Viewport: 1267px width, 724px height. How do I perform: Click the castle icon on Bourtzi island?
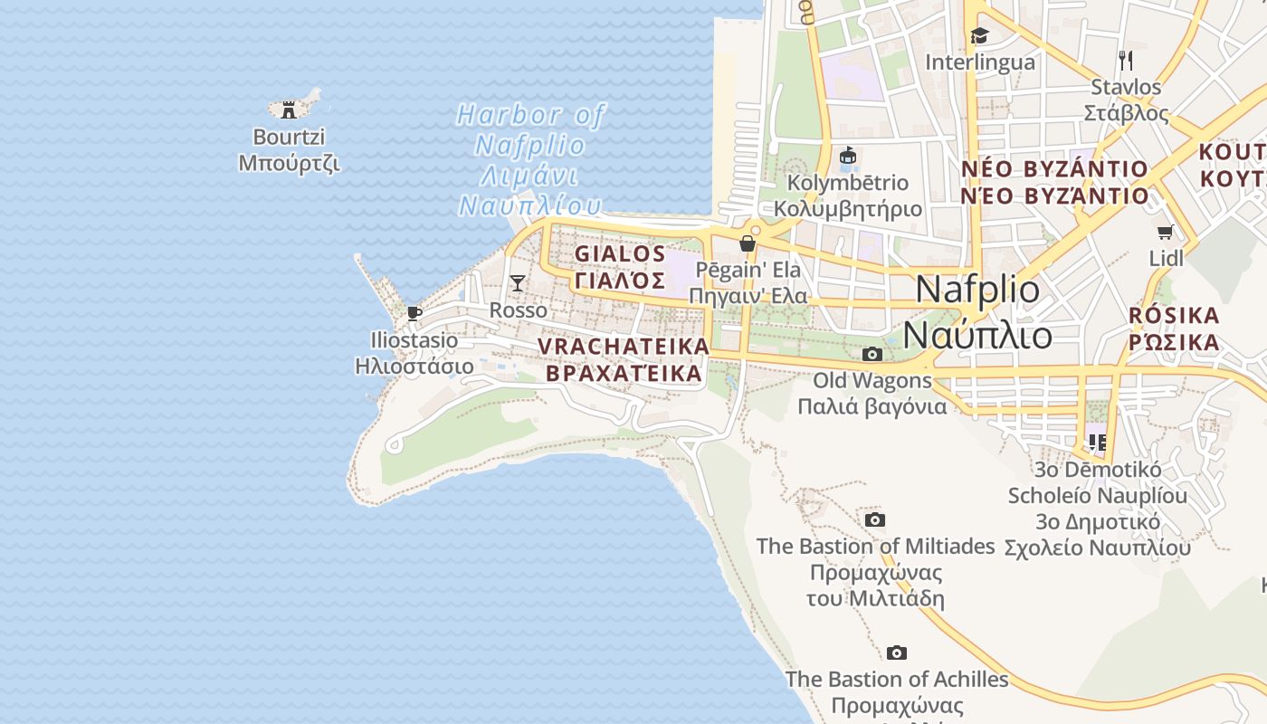pos(289,110)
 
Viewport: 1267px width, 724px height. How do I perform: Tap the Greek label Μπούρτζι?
pos(289,163)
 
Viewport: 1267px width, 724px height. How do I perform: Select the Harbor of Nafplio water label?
pos(530,115)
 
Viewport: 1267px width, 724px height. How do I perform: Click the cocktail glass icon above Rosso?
pos(517,283)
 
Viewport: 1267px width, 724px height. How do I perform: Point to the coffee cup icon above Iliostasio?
pos(414,314)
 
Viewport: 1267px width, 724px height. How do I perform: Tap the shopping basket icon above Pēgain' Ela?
pos(748,243)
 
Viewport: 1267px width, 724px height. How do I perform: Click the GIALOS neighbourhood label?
pos(621,254)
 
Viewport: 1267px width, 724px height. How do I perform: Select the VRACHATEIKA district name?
pos(624,347)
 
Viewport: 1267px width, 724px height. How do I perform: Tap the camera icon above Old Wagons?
pos(872,354)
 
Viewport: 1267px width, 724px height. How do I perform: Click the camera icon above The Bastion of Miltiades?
pos(874,519)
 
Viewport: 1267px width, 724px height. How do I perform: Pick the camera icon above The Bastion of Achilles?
pos(897,653)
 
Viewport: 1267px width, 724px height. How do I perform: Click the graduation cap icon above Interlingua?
pos(980,36)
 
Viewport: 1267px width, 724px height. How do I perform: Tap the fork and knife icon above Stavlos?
pos(1126,61)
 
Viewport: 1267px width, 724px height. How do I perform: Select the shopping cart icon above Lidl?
pos(1166,233)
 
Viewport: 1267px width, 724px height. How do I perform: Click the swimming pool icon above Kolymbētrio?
pos(848,156)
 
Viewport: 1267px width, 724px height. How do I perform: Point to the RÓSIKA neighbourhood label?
pos(1175,316)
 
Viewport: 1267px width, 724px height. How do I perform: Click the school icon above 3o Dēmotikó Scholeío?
pos(1097,443)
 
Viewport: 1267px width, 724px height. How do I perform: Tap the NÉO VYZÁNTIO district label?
pos(1054,169)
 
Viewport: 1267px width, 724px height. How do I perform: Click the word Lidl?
pos(1166,259)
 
